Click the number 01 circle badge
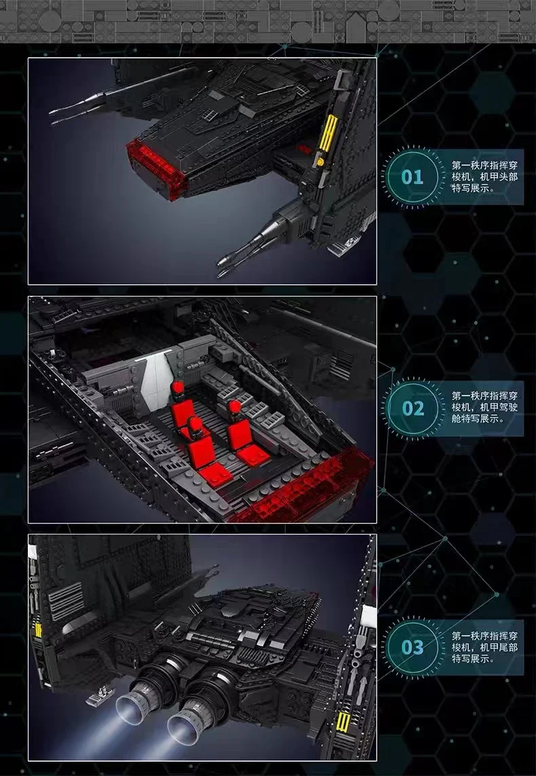[413, 178]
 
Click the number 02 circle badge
[413, 408]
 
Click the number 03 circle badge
[413, 646]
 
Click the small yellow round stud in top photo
[320, 162]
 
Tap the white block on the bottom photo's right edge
[368, 616]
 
